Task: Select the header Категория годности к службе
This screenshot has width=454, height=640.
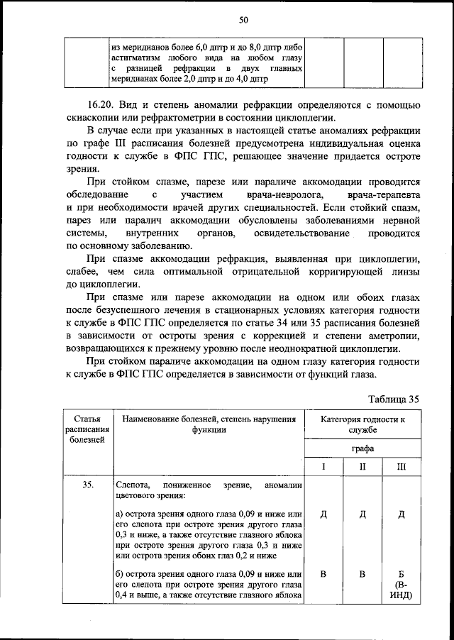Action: point(362,424)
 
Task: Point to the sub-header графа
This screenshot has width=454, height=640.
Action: point(362,448)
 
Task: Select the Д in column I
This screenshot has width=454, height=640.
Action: point(323,514)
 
